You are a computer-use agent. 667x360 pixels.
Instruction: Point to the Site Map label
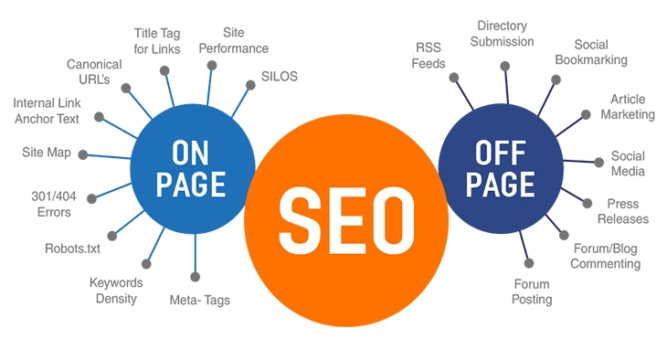tap(46, 152)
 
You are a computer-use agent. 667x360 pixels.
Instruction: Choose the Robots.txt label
tap(72, 248)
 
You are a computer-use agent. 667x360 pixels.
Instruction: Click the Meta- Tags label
tap(200, 299)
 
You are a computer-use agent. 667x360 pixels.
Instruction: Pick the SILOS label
tap(281, 75)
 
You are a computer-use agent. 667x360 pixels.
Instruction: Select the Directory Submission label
tap(504, 34)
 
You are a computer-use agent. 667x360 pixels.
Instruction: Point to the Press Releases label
tap(622, 211)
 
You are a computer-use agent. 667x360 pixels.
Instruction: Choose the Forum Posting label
tap(532, 291)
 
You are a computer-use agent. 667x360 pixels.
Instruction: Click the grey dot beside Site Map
tap(83, 154)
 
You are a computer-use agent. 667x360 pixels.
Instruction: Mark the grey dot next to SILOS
tap(250, 86)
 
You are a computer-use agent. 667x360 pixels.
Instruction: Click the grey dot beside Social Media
tap(599, 162)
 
